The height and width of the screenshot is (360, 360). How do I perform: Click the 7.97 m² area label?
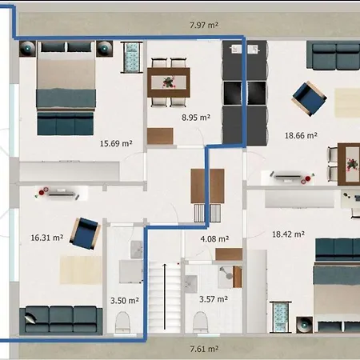pyautogui.click(x=204, y=25)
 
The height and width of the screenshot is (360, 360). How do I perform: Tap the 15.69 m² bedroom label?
pyautogui.click(x=116, y=143)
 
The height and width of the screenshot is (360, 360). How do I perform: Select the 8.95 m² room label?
pyautogui.click(x=196, y=118)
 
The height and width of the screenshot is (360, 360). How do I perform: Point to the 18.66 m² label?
pyautogui.click(x=301, y=135)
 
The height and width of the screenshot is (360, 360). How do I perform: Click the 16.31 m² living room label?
pyautogui.click(x=47, y=238)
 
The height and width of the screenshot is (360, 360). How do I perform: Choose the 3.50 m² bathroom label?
pyautogui.click(x=125, y=301)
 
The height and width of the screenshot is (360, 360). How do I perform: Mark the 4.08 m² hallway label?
pyautogui.click(x=214, y=238)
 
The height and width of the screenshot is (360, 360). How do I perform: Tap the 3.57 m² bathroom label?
pyautogui.click(x=214, y=299)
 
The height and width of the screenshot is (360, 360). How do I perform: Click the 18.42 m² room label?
pyautogui.click(x=288, y=234)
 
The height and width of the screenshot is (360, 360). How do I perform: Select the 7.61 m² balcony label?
pyautogui.click(x=204, y=349)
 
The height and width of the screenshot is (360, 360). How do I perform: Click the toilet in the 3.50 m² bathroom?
pyautogui.click(x=122, y=322)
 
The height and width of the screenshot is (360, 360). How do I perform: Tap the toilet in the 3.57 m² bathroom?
pyautogui.click(x=200, y=322)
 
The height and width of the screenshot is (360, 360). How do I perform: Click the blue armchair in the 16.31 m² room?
pyautogui.click(x=86, y=234)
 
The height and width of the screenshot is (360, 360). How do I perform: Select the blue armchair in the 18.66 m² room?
pyautogui.click(x=310, y=98)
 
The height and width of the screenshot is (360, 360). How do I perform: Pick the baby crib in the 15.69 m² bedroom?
pyautogui.click(x=131, y=57)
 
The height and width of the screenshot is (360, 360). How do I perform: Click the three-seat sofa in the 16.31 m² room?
pyautogui.click(x=61, y=320)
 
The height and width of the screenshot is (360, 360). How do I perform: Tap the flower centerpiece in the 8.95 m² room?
pyautogui.click(x=168, y=82)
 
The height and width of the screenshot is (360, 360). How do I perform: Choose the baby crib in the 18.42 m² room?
pyautogui.click(x=281, y=317)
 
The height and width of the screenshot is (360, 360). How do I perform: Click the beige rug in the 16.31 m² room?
pyautogui.click(x=81, y=270)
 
